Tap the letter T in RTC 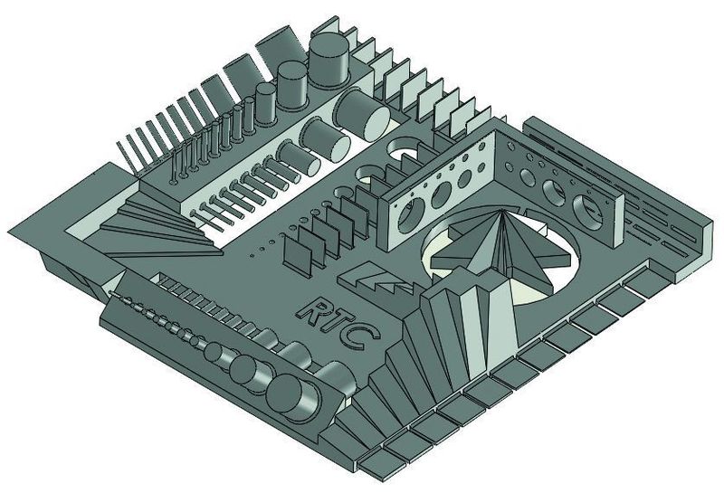(339, 322)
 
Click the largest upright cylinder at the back (329, 60)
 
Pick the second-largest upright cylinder (292, 85)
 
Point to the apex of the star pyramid (502, 212)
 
